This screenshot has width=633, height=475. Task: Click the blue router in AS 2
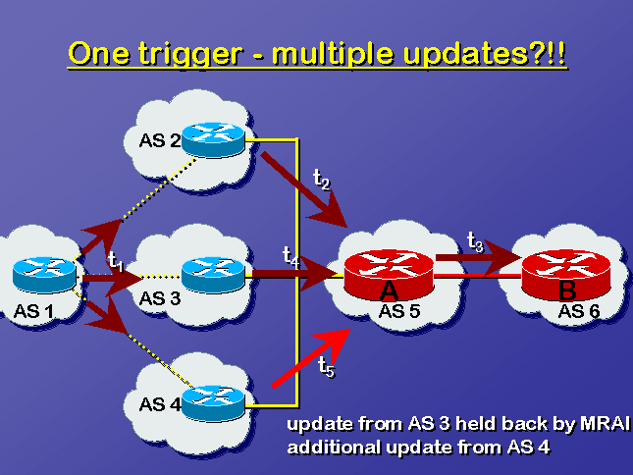[x=213, y=139]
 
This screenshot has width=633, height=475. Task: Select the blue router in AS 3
[x=213, y=275]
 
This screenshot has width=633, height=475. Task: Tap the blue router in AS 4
[x=213, y=404]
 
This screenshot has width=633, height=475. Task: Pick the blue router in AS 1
[x=44, y=275]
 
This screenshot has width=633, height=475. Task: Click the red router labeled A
[x=389, y=275]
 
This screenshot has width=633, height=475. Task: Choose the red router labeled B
[x=566, y=275]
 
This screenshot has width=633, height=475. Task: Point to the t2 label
[x=322, y=179]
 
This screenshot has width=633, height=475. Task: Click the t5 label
[x=326, y=366]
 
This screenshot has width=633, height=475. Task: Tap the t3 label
[x=475, y=241]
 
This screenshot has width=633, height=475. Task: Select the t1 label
[x=116, y=261]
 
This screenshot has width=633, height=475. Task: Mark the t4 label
[x=291, y=256]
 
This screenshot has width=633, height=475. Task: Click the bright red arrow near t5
[x=311, y=358]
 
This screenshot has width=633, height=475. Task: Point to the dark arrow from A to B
[x=478, y=258]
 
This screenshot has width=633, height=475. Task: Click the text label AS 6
[x=579, y=311]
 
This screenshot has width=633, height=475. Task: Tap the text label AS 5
[x=399, y=311]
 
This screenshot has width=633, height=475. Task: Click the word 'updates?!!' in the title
[x=485, y=53]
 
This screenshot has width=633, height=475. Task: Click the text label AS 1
[x=33, y=311]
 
